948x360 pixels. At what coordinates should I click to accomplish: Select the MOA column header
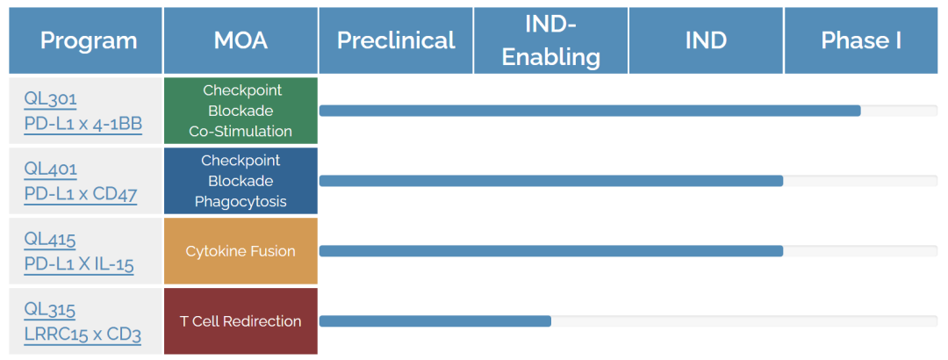(241, 40)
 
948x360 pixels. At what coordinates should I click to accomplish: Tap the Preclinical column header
(396, 40)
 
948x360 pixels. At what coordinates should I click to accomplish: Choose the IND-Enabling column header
(550, 40)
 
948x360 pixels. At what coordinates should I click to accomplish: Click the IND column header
(706, 40)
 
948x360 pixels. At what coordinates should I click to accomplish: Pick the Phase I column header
(862, 40)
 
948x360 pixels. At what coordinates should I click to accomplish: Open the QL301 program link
(50, 98)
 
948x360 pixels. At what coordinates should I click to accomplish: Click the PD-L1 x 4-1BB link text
(83, 124)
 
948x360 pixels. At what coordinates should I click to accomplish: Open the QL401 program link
(51, 169)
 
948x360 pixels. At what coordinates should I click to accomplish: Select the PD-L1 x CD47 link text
(81, 194)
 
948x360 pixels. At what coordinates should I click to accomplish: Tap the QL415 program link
(50, 240)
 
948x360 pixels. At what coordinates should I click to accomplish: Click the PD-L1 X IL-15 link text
(79, 265)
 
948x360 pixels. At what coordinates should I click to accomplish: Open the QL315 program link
(49, 310)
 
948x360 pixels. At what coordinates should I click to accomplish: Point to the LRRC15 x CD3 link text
(83, 335)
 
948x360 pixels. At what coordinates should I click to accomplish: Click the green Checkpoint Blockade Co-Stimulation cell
(241, 111)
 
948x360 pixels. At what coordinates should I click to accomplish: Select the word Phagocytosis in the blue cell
(241, 201)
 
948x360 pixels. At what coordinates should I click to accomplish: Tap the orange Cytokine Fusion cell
(241, 251)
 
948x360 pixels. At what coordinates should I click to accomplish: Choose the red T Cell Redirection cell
(241, 321)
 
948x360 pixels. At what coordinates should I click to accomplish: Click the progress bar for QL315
(435, 321)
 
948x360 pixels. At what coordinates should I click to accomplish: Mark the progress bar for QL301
(590, 111)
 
